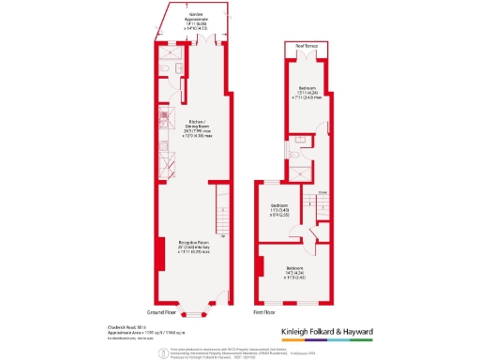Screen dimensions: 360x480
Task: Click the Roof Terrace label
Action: [x=307, y=45]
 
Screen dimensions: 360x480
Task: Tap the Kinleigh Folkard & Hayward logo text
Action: [x=327, y=331]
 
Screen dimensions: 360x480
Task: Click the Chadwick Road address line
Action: [x=123, y=326]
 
